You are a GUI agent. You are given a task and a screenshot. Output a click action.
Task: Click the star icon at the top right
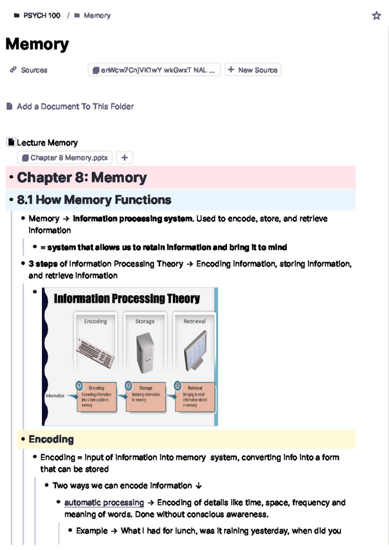tap(376, 16)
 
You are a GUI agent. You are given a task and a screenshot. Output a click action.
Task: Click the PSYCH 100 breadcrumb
tap(41, 16)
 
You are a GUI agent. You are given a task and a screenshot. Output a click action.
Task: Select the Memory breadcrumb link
tap(97, 16)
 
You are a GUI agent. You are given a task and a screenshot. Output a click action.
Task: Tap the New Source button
tap(253, 70)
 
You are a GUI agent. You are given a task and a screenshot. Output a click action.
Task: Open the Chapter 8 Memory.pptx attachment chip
tap(65, 158)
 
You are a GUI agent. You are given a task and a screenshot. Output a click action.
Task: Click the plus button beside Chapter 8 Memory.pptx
tap(124, 158)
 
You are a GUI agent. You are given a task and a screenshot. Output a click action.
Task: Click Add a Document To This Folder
tap(75, 107)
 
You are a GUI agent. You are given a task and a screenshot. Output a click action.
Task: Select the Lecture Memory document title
tap(47, 143)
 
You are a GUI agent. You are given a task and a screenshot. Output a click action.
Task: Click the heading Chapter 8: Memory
tap(82, 178)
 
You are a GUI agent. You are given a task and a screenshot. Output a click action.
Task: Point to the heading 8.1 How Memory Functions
tap(94, 200)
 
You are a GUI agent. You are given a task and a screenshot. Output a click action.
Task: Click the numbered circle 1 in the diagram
tap(79, 386)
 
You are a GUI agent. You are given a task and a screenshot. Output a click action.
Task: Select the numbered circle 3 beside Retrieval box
tap(177, 386)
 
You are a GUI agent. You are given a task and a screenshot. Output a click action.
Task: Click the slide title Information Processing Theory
tap(127, 298)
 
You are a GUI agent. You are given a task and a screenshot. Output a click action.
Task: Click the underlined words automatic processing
tap(104, 503)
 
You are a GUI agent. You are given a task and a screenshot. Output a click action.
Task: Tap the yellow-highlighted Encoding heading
tap(51, 439)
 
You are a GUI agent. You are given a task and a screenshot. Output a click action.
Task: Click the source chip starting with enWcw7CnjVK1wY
tap(154, 70)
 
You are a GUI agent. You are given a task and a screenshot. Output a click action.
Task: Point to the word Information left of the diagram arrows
tap(55, 396)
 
